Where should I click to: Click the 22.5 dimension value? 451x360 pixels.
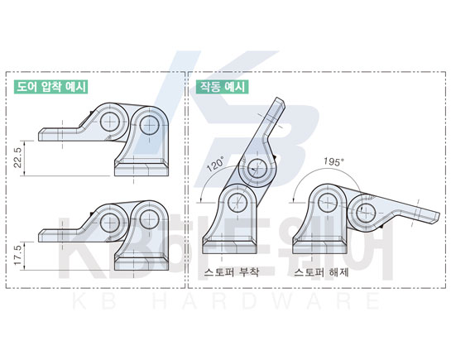point(18,158)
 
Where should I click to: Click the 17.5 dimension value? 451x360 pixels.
point(18,256)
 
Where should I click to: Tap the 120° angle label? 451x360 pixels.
point(216,164)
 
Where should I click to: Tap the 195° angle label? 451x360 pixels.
point(333,161)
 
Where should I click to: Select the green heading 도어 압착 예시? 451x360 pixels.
point(51,87)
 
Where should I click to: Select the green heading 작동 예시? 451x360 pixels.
point(223,87)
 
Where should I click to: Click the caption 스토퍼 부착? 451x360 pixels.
point(232,272)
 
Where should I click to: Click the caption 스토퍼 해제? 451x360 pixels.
point(321,272)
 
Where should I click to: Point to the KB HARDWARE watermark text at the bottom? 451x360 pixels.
point(227,300)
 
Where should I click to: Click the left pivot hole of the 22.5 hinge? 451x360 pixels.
point(110,122)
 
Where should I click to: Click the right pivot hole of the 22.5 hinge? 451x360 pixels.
point(149,125)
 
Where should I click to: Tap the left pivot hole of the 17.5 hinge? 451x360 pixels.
point(110,223)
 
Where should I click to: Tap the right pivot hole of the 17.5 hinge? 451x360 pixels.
point(149,219)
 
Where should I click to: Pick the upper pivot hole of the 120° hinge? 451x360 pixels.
point(257,168)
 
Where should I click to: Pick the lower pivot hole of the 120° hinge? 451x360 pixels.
point(237,203)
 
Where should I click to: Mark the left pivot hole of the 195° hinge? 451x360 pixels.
point(328,203)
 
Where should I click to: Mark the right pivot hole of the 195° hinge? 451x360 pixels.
point(366,213)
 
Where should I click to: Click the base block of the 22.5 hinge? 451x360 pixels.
point(142,168)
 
